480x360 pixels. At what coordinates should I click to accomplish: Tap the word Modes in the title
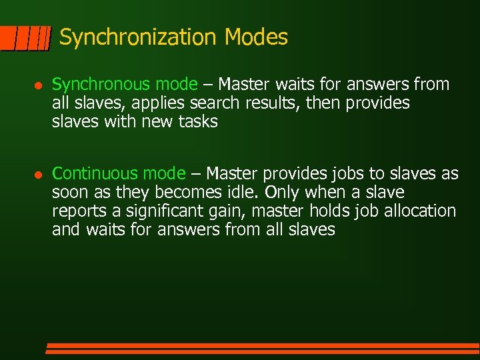click(x=256, y=37)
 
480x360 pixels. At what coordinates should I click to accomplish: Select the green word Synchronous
click(x=102, y=85)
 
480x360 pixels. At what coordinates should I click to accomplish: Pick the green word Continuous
click(x=94, y=174)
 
